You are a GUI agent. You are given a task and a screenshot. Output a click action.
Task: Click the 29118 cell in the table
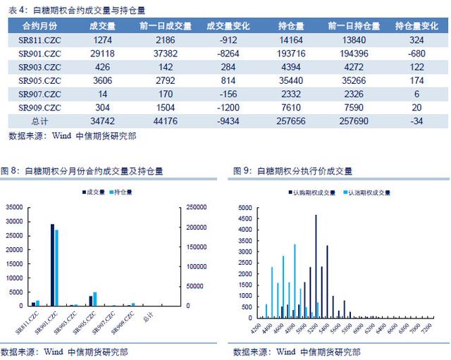click(104, 53)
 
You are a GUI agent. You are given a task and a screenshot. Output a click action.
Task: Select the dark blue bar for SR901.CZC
click(51, 265)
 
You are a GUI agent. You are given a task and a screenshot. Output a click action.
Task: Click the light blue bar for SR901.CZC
click(56, 268)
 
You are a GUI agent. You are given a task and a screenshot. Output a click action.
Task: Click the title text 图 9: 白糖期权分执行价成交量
click(293, 171)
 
